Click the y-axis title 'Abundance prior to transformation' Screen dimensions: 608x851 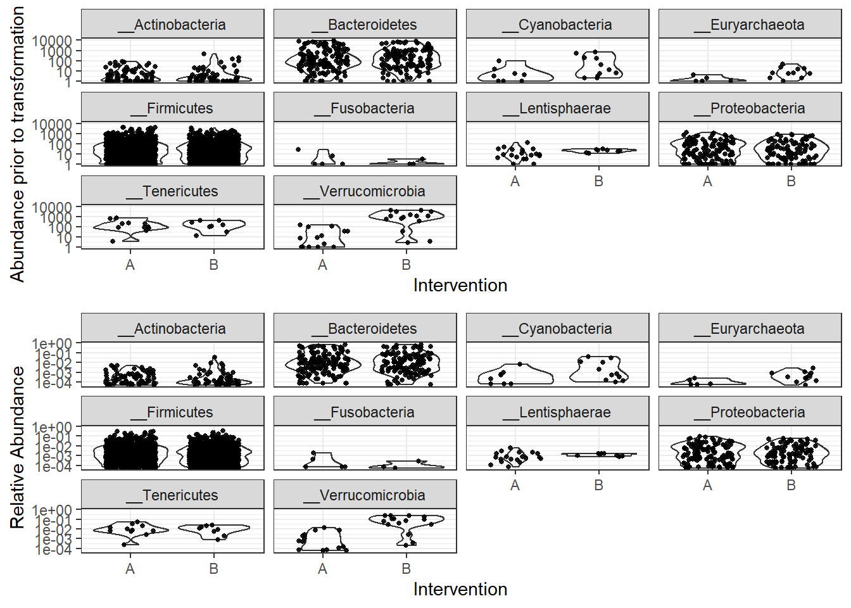coord(17,144)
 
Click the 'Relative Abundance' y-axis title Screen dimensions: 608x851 coord(17,447)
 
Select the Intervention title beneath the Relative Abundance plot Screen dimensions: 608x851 coord(460,589)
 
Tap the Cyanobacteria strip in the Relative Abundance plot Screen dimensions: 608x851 coord(557,329)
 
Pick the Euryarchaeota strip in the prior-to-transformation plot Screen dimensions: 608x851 coord(750,25)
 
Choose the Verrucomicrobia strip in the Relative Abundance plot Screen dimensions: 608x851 coord(365,495)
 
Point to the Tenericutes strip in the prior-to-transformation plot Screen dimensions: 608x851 coord(172,191)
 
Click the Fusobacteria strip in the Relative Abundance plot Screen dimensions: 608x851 coord(365,412)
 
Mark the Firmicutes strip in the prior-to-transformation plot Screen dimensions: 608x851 coord(172,108)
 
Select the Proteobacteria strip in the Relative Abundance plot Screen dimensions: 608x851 coord(750,412)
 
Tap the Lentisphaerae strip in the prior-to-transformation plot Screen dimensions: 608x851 coord(557,108)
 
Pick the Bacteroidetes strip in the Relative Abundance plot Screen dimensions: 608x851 coord(365,329)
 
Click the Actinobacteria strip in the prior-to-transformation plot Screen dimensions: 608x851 coord(172,25)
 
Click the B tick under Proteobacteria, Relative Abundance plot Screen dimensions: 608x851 coord(791,485)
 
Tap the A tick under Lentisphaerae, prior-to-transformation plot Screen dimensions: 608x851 coord(515,181)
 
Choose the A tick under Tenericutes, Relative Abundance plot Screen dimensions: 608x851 coord(130,569)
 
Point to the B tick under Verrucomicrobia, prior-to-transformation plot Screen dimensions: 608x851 coord(406,265)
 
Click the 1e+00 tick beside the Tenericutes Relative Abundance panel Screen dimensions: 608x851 coord(53,510)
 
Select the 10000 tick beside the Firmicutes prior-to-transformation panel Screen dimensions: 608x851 coord(52,124)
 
